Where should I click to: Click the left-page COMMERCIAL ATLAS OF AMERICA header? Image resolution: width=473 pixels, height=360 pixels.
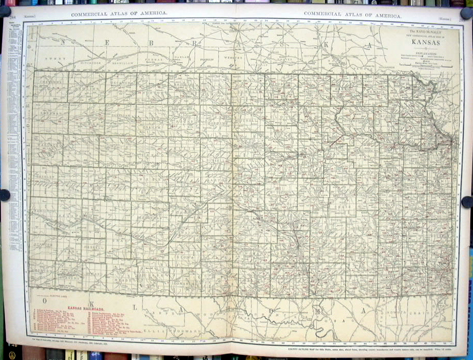coord(118,14)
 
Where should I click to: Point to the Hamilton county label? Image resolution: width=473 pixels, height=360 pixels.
coord(44,211)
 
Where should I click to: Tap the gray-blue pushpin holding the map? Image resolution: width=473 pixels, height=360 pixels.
coord(5,195)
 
